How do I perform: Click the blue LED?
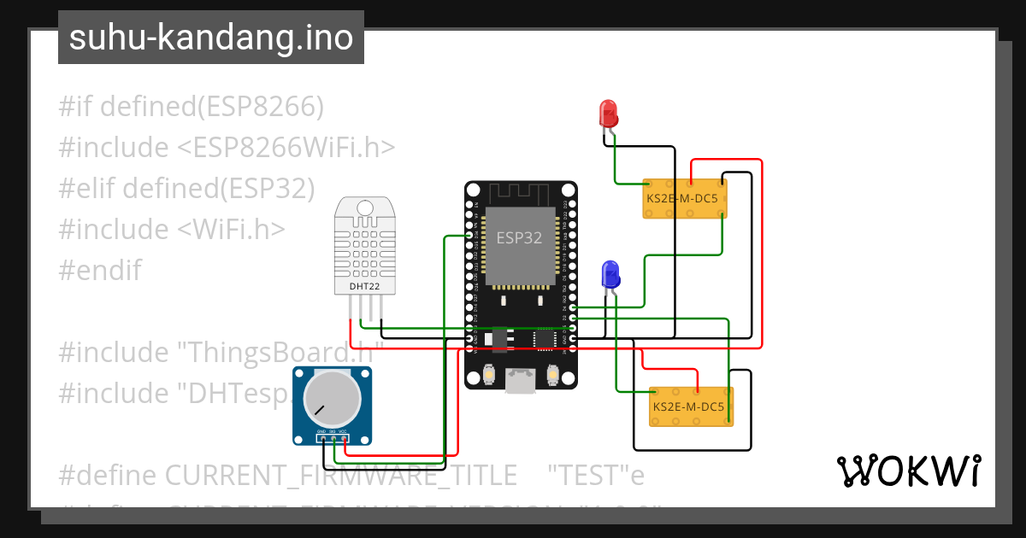point(610,275)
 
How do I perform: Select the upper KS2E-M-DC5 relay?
point(685,198)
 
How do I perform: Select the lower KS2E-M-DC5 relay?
point(691,406)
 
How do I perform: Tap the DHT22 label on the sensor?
point(364,286)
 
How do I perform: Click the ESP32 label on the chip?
point(520,238)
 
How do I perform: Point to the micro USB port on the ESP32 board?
point(520,380)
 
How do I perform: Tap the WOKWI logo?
point(908,471)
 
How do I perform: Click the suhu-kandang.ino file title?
point(211,38)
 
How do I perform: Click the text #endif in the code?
point(100,271)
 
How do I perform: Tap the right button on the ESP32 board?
point(552,374)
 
